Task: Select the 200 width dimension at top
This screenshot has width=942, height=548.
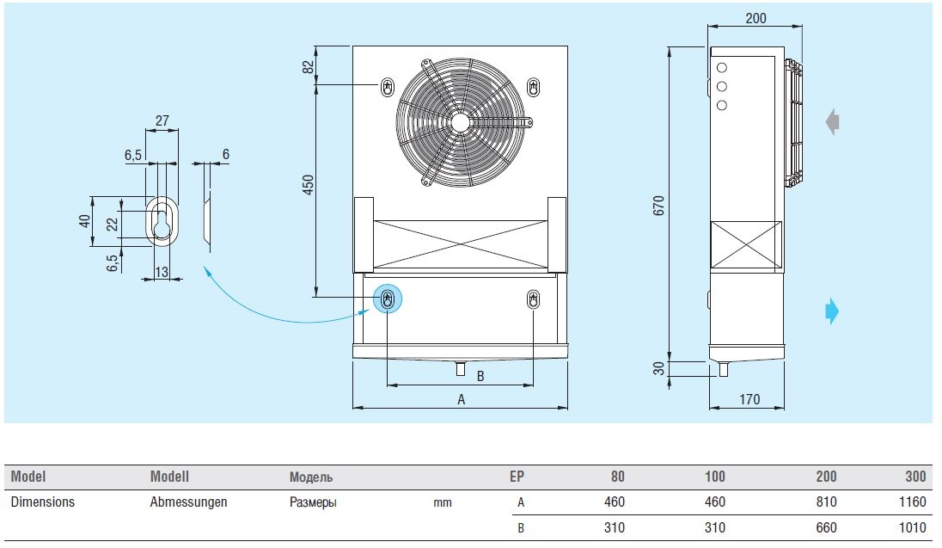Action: (756, 18)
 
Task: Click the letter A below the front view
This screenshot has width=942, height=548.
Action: (461, 399)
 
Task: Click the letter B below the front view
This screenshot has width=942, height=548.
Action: (480, 376)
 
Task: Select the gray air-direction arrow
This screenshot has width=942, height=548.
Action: (832, 122)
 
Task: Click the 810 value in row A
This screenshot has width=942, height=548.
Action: (825, 502)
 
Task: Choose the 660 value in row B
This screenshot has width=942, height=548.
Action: (825, 528)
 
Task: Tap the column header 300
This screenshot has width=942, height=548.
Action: (915, 477)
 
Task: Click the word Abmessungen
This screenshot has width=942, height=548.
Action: (188, 502)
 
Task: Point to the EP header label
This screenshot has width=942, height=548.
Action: (517, 477)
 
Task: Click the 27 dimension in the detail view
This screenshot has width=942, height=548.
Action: (162, 121)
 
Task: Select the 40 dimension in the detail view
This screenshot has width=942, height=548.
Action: (84, 222)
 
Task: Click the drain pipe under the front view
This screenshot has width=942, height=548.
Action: (461, 369)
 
